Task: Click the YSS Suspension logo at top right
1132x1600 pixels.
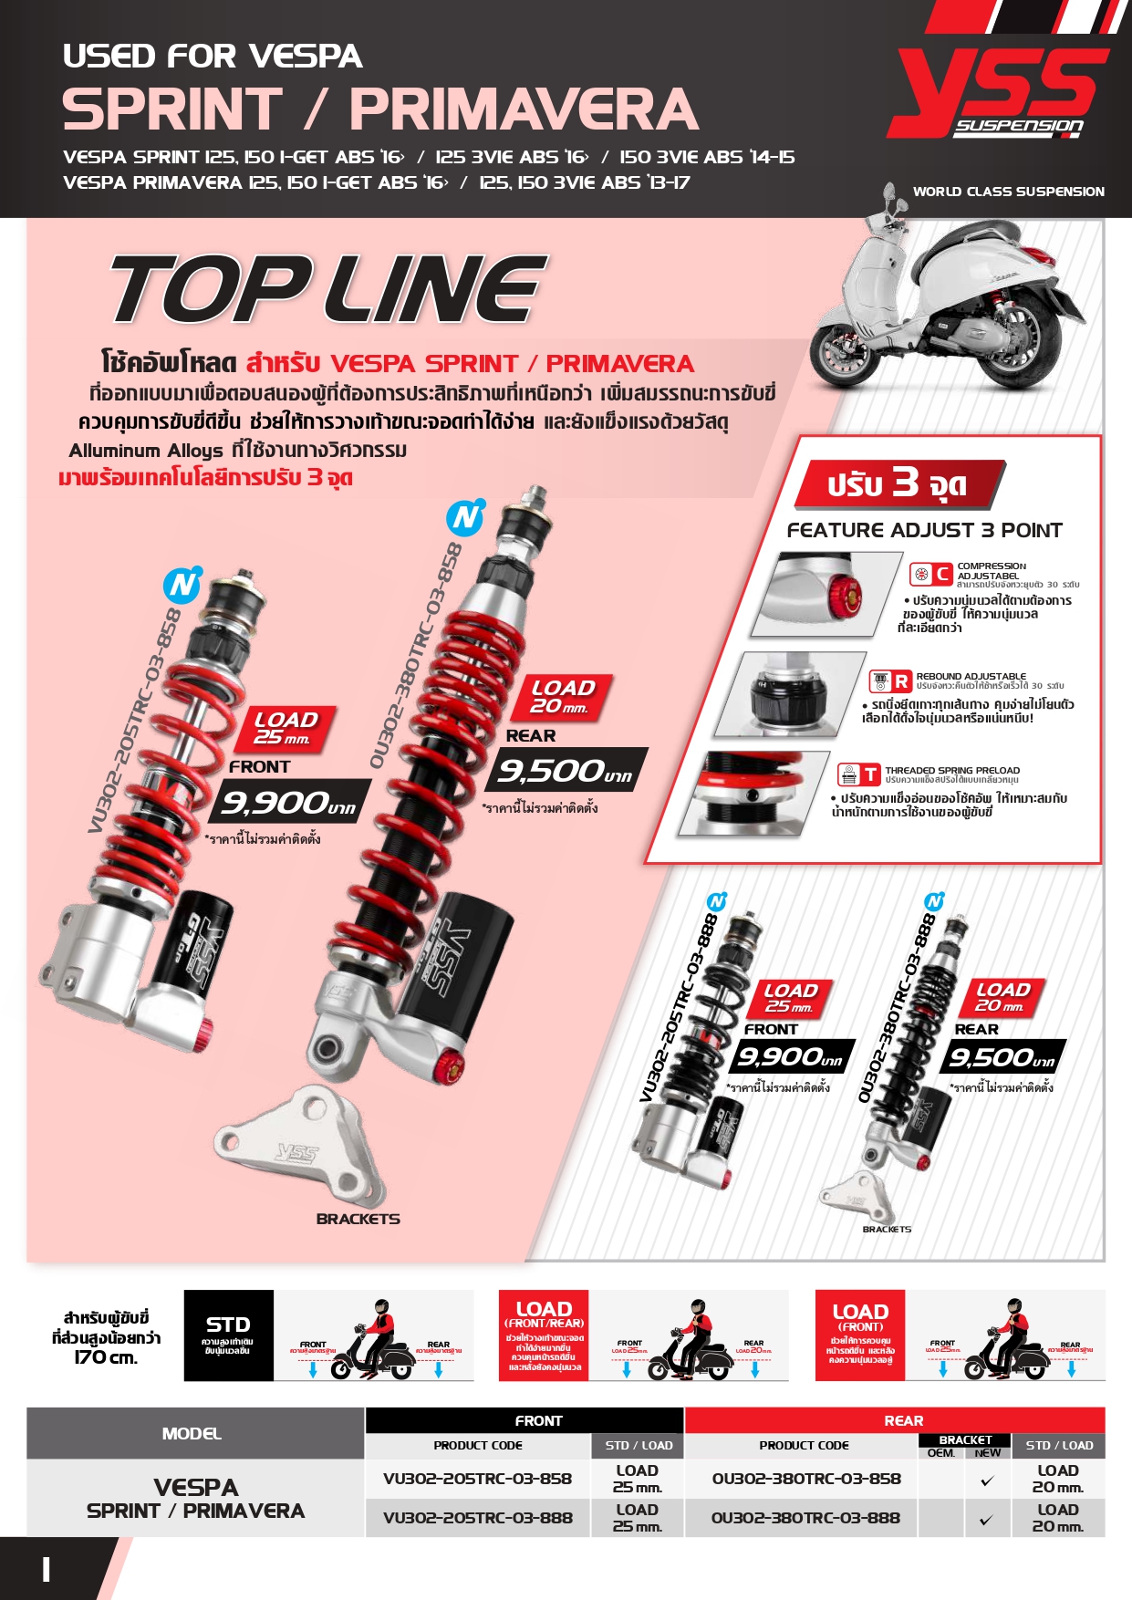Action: (x=999, y=91)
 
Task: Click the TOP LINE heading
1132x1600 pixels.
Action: (x=328, y=289)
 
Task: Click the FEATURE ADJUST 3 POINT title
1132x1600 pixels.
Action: (x=924, y=530)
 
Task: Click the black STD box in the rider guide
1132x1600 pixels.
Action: (x=228, y=1335)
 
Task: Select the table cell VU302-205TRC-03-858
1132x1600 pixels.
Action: (x=477, y=1479)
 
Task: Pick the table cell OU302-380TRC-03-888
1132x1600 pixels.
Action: (x=805, y=1519)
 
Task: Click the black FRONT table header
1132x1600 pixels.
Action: (x=538, y=1420)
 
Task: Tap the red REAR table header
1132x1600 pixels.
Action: (x=903, y=1420)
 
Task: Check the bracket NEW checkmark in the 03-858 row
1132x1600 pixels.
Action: (x=987, y=1481)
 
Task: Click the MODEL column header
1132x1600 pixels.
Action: (x=192, y=1433)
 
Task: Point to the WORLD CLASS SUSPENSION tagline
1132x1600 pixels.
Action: (x=1008, y=192)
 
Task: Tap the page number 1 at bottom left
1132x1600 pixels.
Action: (x=46, y=1569)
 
